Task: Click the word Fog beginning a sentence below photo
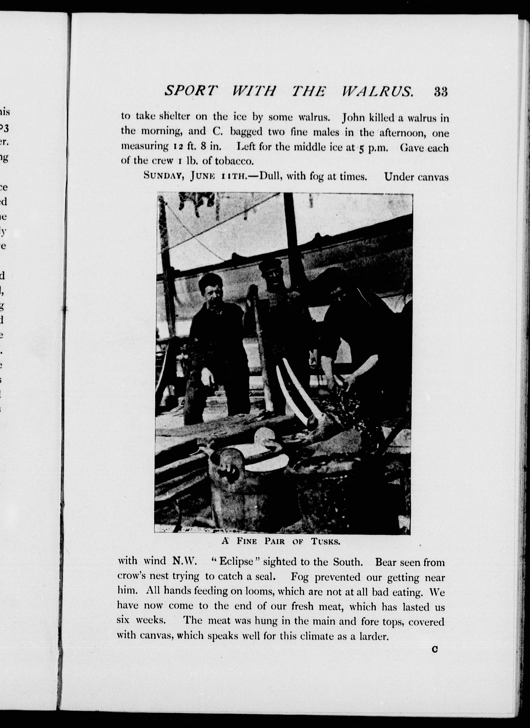[x=300, y=577]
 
